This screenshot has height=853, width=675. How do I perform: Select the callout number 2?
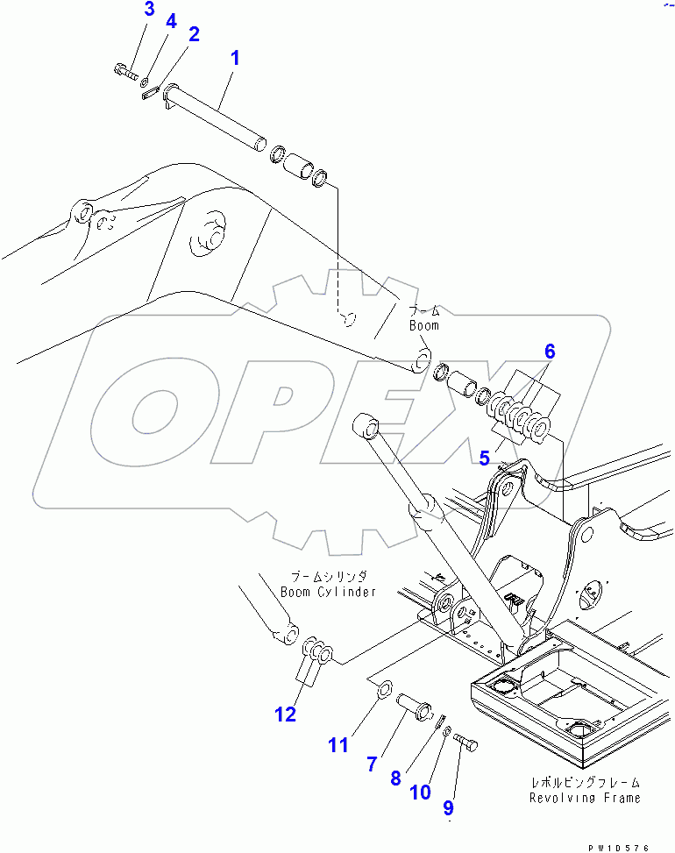click(194, 35)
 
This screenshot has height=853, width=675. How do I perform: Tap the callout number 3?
click(149, 11)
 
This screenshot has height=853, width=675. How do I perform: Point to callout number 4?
click(171, 22)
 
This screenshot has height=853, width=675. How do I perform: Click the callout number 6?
click(550, 352)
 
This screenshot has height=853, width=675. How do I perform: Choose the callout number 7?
click(373, 764)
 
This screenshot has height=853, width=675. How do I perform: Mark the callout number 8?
click(395, 777)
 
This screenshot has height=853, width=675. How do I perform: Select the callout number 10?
click(421, 793)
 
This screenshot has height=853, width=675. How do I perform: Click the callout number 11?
click(339, 745)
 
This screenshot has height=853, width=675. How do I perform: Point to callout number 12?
click(286, 714)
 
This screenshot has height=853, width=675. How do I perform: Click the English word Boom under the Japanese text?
click(424, 325)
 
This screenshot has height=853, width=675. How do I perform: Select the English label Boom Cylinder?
click(328, 592)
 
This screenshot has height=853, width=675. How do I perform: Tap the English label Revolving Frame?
click(585, 798)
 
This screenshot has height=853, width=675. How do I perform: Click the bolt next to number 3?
click(126, 73)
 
